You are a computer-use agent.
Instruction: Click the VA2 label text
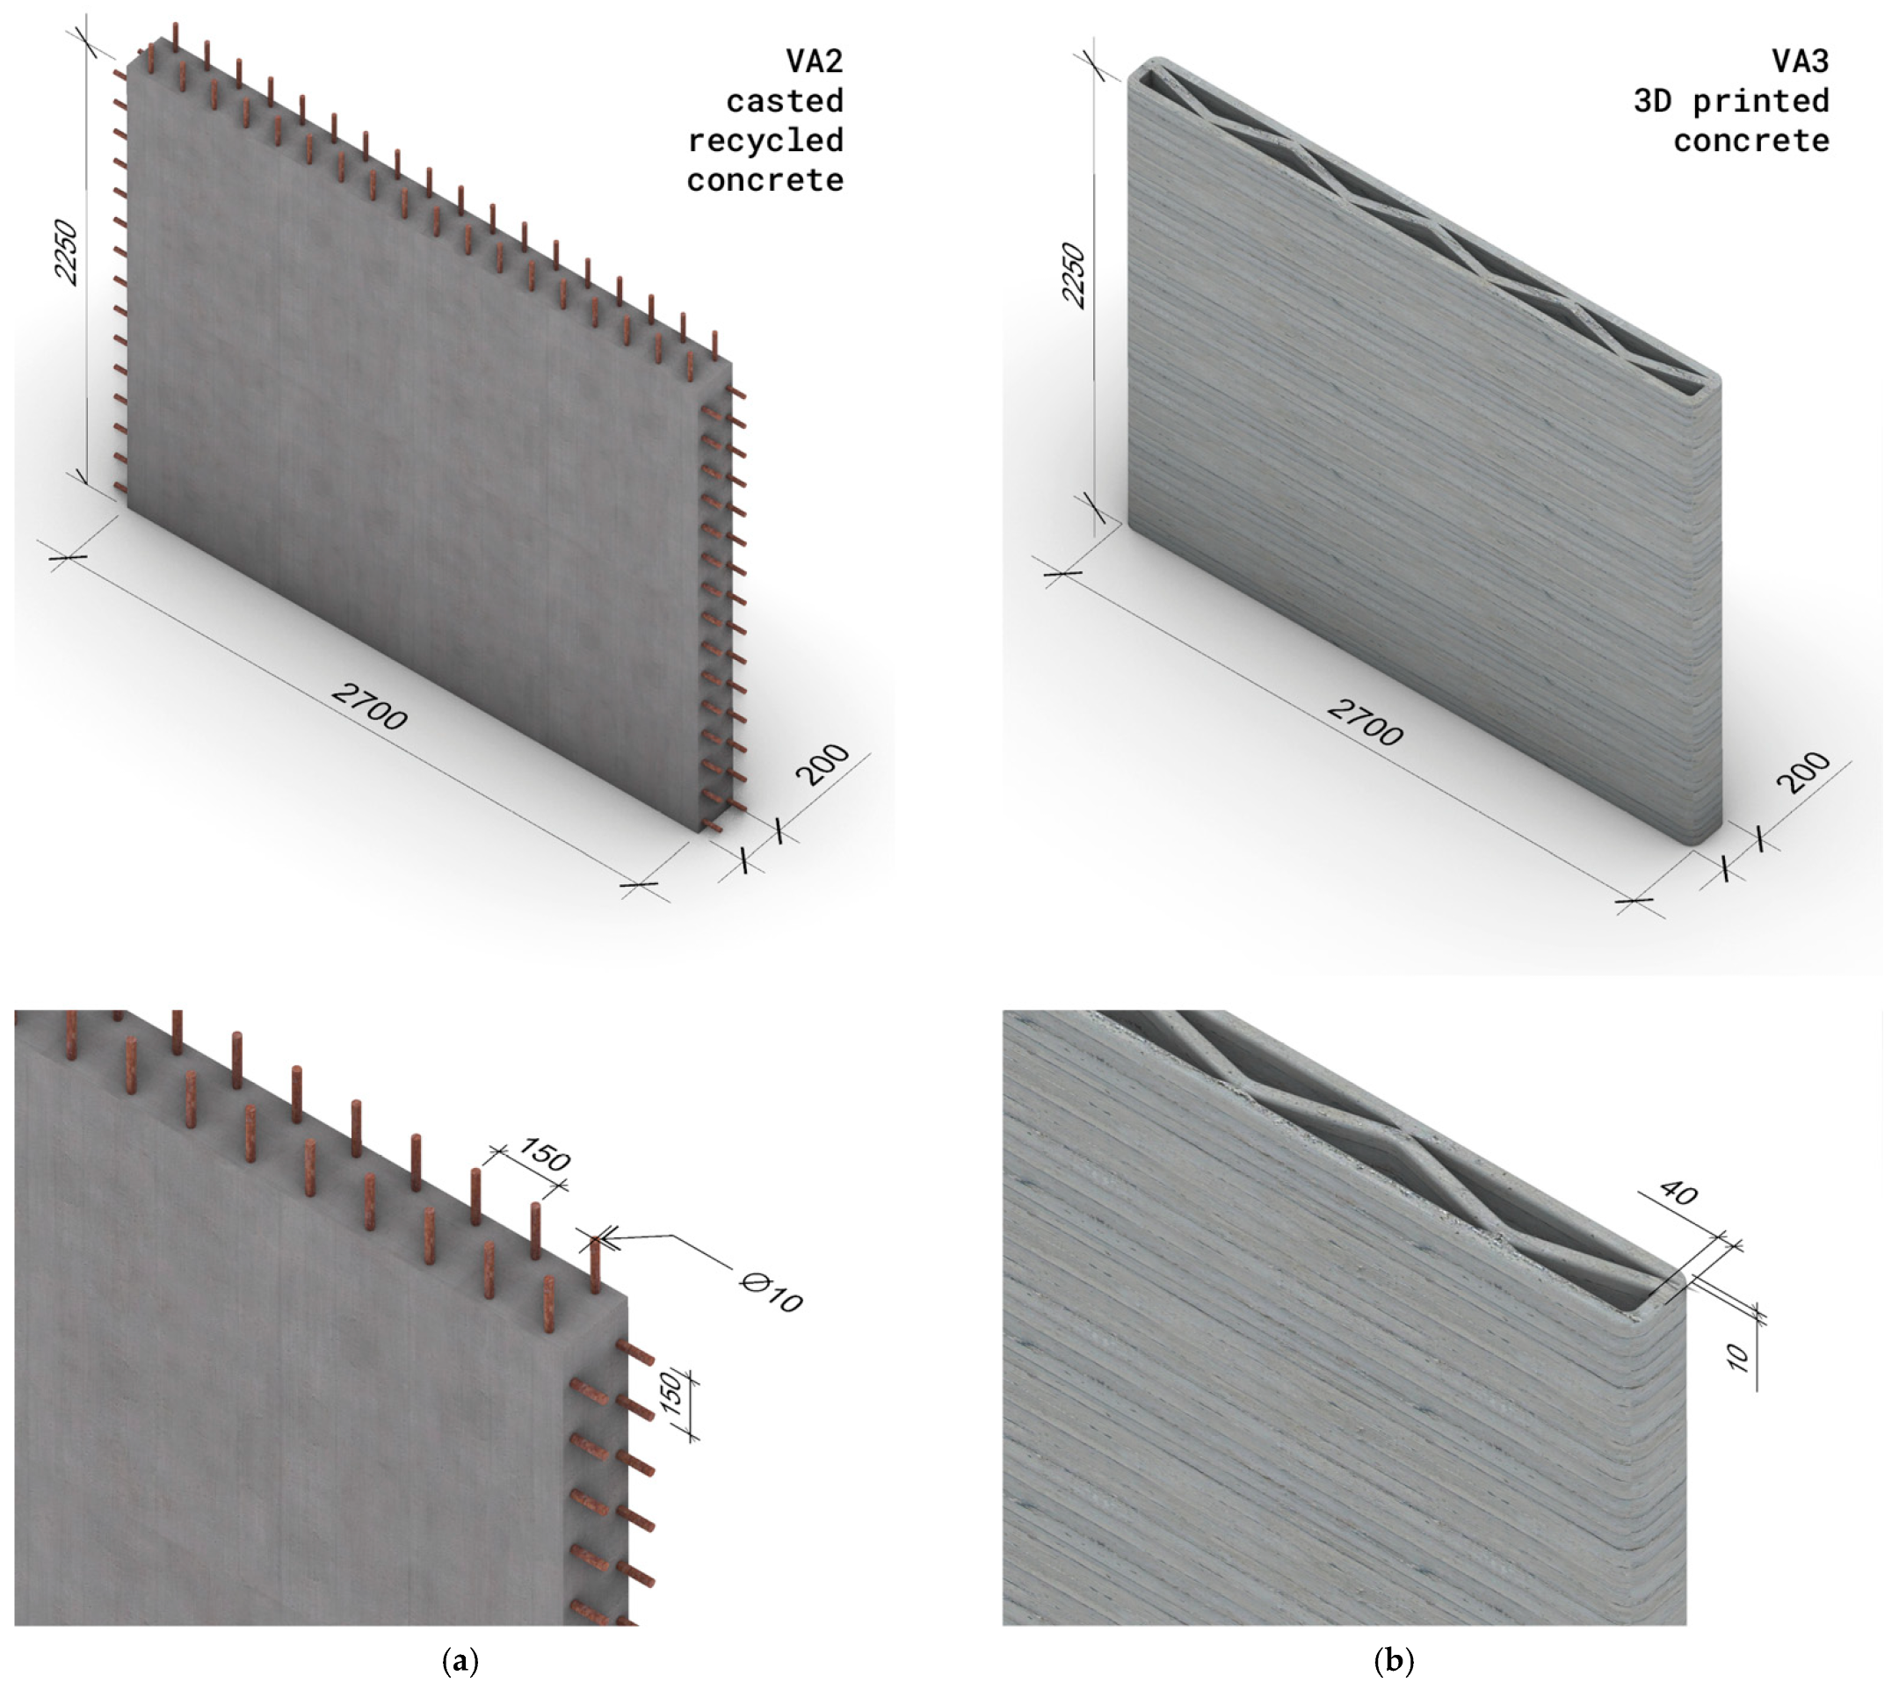pos(815,62)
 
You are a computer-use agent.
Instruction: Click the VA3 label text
pos(1801,62)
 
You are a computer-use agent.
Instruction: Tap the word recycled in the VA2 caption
pos(765,141)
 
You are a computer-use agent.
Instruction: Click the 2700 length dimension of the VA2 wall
pos(369,706)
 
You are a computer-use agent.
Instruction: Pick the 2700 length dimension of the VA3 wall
pos(1364,722)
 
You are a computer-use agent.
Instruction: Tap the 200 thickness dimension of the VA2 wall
pos(823,765)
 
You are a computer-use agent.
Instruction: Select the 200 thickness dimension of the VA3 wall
pos(1802,772)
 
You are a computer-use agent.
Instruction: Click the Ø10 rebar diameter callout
pos(772,1293)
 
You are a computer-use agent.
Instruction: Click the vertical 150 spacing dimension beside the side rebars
pos(673,1395)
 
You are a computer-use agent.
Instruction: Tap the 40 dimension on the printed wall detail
pos(1678,1192)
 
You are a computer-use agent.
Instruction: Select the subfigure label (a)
pos(461,1659)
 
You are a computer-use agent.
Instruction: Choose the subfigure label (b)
pos(1394,1659)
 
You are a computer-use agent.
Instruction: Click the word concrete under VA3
pos(1751,141)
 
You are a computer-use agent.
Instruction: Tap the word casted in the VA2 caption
pos(785,100)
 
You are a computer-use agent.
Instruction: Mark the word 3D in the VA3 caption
pos(1653,100)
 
